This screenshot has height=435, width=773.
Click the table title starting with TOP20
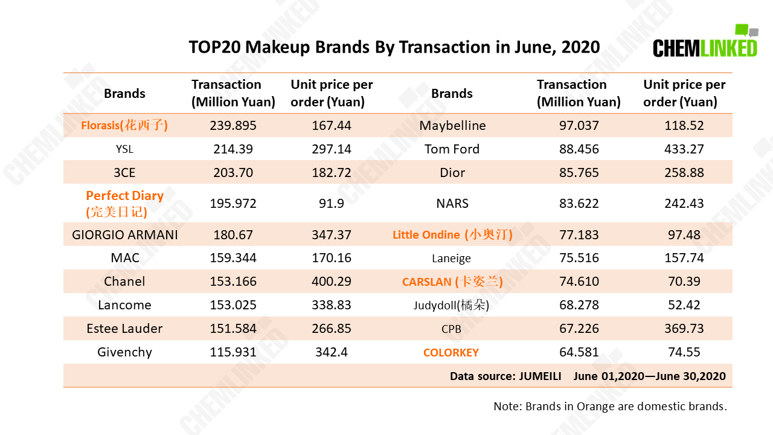(x=394, y=47)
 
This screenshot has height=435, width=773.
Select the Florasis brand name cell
(x=124, y=125)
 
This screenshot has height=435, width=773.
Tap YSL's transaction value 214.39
(x=233, y=149)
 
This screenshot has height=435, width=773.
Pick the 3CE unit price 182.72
(x=332, y=172)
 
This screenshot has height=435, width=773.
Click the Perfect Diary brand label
(x=124, y=204)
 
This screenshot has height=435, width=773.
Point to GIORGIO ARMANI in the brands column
(x=124, y=235)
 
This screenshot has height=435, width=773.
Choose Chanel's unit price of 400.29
(x=332, y=282)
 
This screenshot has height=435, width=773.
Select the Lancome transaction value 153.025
(x=233, y=305)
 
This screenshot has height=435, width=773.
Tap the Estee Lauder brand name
(x=124, y=328)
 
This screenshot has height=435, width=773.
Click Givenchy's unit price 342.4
(x=332, y=352)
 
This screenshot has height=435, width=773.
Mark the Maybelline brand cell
(x=452, y=125)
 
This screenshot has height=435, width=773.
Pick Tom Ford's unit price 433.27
(x=684, y=149)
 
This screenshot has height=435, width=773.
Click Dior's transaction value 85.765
(x=579, y=172)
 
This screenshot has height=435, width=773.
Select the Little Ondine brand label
(x=452, y=235)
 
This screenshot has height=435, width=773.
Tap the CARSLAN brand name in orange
(x=452, y=282)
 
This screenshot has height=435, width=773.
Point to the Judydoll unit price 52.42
(x=684, y=305)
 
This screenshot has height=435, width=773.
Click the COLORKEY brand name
(x=451, y=352)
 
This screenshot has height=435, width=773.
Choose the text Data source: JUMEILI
(x=505, y=376)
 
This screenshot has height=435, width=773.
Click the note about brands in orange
(x=610, y=407)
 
